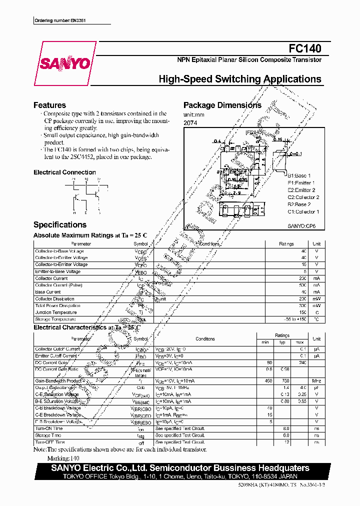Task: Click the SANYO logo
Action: click(x=65, y=63)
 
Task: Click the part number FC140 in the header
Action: click(x=305, y=48)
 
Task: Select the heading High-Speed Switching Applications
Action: click(x=239, y=79)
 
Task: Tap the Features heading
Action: click(x=49, y=105)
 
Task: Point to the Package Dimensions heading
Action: click(x=222, y=105)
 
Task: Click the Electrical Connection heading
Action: click(x=64, y=172)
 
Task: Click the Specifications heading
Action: click(x=59, y=225)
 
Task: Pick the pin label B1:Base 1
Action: click(x=299, y=176)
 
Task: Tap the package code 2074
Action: click(x=190, y=122)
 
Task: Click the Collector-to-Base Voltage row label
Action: click(x=59, y=251)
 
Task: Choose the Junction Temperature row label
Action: click(x=55, y=312)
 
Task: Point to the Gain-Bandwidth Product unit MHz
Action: click(x=316, y=381)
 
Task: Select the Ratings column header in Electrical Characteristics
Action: click(x=282, y=335)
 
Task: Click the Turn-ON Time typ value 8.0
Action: click(x=286, y=428)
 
